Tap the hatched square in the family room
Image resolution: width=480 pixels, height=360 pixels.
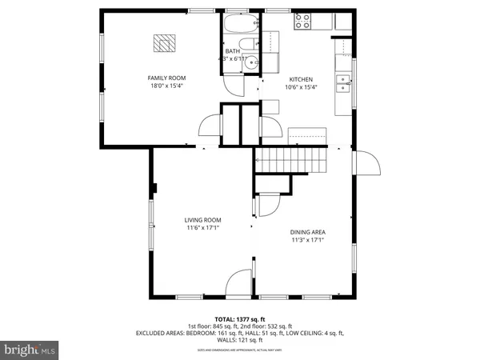coord(165,45)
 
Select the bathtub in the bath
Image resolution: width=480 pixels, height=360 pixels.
coord(238,23)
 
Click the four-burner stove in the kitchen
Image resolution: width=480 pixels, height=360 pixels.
coord(303,22)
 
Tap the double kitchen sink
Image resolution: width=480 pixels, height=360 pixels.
coord(342,79)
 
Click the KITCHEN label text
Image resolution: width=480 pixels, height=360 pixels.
coord(301,79)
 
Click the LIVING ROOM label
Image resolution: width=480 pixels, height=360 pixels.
coord(202,220)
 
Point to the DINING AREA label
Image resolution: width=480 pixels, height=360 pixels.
coord(307,231)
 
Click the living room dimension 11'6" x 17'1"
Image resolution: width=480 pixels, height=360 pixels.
coord(202,228)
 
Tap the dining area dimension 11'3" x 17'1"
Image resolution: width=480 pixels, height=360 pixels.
coord(307,239)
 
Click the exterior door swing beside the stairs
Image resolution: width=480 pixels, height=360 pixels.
coord(366,164)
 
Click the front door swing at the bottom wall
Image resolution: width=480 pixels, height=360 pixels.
coord(238,284)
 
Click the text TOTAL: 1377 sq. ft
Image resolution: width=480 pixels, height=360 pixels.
coord(239,318)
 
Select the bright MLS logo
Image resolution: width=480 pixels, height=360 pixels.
coord(30,350)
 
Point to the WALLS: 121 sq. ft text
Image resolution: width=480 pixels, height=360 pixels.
coord(239,339)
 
